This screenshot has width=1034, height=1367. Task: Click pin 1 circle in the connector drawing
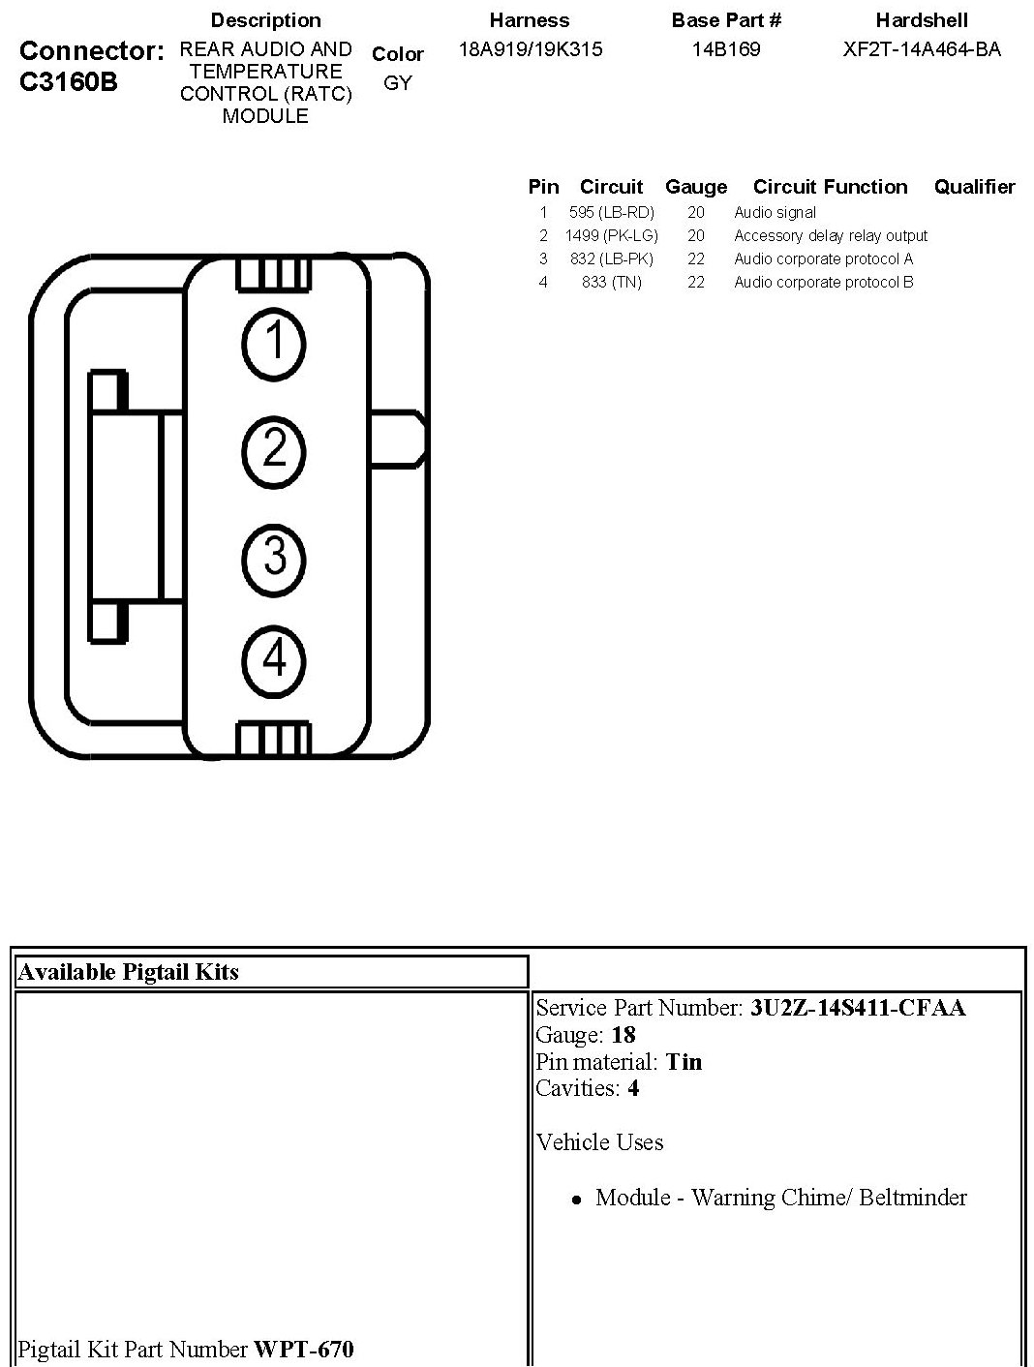point(275,342)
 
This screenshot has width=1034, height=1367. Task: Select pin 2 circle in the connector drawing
point(275,450)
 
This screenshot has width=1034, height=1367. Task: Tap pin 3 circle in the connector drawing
point(275,559)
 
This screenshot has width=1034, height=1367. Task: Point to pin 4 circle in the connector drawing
point(275,660)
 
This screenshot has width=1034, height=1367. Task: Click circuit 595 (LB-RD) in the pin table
point(612,213)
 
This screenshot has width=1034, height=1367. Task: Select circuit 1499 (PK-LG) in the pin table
point(612,236)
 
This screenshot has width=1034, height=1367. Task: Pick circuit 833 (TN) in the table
point(612,283)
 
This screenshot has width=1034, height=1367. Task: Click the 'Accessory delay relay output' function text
point(831,236)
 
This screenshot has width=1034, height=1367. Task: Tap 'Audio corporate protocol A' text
point(823,259)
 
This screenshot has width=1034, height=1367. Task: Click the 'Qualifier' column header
point(974,187)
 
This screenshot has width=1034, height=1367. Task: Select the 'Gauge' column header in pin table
point(696,187)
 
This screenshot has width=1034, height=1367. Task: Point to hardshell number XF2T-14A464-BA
point(922,49)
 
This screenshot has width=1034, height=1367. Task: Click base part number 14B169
point(726,49)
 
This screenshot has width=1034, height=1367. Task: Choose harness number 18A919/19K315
point(530,49)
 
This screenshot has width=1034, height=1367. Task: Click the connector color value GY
point(398,83)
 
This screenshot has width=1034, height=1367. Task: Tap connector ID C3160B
point(68,82)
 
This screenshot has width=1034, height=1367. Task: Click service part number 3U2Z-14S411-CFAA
point(858,1008)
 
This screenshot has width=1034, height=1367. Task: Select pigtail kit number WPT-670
point(303,1349)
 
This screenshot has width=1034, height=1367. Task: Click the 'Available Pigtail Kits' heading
point(128,972)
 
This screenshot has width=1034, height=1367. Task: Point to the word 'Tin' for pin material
point(684,1062)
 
